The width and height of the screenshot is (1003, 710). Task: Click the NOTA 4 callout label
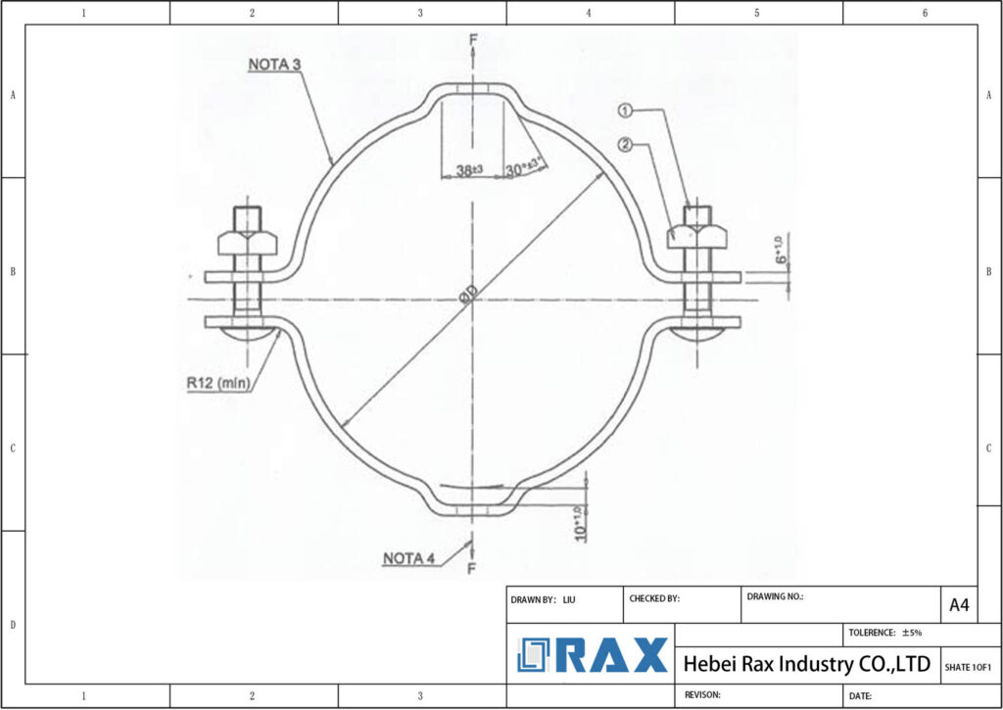pos(408,558)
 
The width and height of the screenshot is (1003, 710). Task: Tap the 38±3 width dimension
pos(463,170)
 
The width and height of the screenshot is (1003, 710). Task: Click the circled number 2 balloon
pos(623,146)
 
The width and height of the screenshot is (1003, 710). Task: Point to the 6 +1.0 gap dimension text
pos(781,250)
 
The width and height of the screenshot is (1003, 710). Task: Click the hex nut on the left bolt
pos(247,241)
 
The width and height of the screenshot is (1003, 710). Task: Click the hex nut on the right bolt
pos(697,236)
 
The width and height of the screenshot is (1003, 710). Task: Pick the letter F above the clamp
pos(473,38)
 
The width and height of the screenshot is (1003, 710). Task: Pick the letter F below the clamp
pos(473,567)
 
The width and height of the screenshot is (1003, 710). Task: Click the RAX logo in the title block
pos(593,654)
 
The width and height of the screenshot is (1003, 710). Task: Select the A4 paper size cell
pos(959,605)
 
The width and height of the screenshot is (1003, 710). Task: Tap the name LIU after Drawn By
pos(569,598)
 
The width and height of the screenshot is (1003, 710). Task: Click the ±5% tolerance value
pos(912,633)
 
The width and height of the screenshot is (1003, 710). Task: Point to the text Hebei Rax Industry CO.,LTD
pos(806,664)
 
